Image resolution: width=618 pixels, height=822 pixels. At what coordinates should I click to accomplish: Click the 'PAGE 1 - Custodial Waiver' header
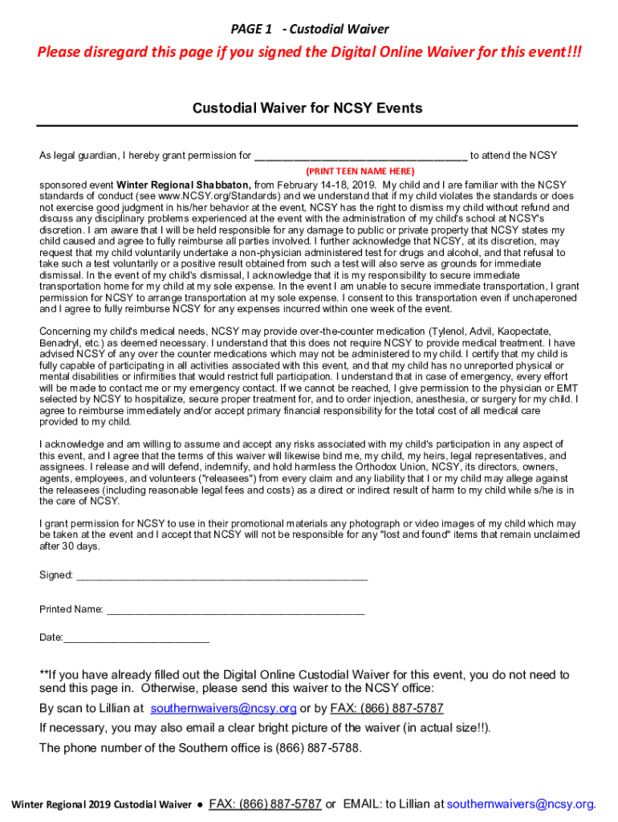pos(309,29)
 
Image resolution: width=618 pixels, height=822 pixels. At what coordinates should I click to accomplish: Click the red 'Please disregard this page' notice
pos(309,53)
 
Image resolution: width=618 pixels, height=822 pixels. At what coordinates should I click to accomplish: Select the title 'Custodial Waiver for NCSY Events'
pos(307,108)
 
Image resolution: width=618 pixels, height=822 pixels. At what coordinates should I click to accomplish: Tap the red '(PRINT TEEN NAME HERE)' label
pos(360,171)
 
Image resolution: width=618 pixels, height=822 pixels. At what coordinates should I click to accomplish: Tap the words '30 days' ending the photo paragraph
pos(79,546)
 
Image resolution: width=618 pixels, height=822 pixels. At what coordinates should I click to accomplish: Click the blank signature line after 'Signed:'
pos(221,576)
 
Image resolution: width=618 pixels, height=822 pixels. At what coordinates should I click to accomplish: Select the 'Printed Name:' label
pos(71,609)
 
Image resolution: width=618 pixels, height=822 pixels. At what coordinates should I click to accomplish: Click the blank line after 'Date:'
pos(136,638)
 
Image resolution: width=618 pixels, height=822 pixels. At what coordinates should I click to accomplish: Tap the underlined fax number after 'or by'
pos(387,709)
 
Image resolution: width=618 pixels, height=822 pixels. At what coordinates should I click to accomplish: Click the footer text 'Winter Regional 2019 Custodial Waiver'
pos(101,804)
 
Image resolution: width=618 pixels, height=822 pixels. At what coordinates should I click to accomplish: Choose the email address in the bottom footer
pos(520,804)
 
